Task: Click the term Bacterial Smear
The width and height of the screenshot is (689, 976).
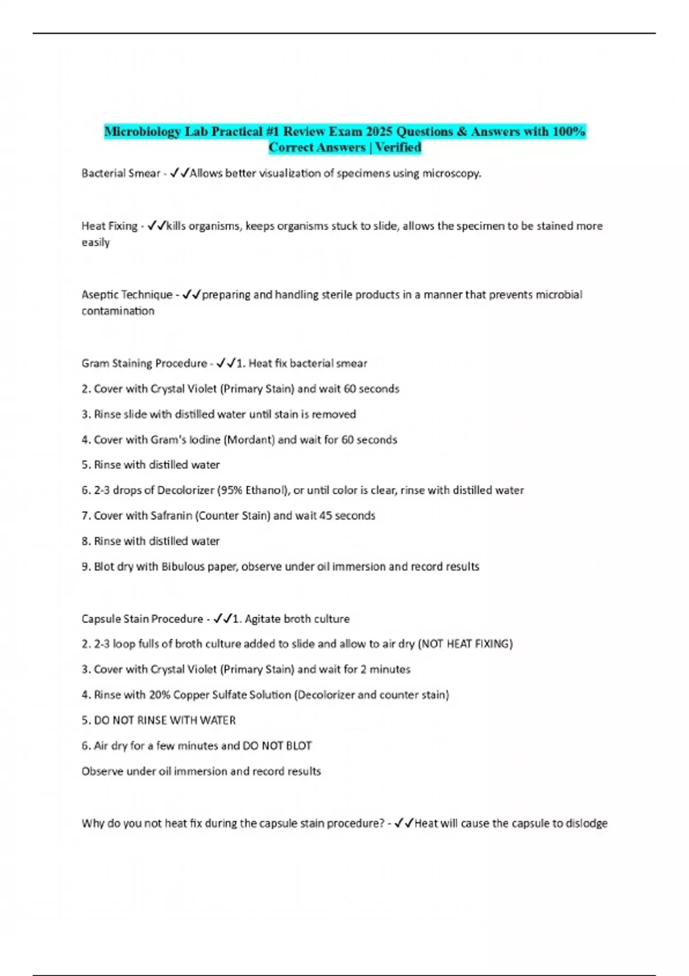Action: pos(121,173)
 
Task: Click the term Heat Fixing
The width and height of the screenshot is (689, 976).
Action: pos(109,226)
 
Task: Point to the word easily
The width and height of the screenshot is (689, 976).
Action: pos(95,242)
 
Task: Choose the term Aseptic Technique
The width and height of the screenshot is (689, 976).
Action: pos(127,295)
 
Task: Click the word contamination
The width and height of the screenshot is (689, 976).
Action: pos(118,311)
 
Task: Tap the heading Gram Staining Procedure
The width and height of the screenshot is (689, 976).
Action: pos(144,363)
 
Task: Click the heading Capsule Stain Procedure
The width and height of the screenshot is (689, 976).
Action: pos(142,619)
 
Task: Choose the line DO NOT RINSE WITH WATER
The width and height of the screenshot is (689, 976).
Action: pos(165,721)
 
